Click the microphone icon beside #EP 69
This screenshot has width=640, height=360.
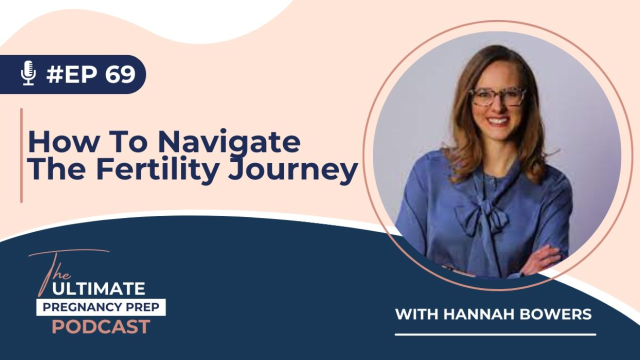[x=28, y=73]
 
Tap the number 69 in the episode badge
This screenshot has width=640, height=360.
[x=120, y=74]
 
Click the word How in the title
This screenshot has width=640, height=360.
[x=63, y=141]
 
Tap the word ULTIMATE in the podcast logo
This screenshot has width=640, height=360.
[x=98, y=289]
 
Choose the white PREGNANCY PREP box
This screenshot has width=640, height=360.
[x=101, y=307]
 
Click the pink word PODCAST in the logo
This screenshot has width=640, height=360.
[x=101, y=327]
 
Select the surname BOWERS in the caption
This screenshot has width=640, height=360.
[x=555, y=314]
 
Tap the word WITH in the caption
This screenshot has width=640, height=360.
[x=416, y=314]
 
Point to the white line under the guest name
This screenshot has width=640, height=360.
[x=495, y=334]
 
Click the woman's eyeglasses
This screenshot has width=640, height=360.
[x=497, y=97]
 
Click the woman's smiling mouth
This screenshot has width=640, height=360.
[x=498, y=121]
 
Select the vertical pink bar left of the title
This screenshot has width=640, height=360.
[x=21, y=155]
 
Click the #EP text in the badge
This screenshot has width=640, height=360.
[x=73, y=74]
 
